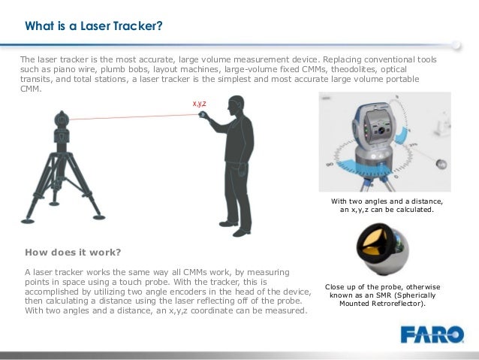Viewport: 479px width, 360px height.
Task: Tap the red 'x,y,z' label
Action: pyautogui.click(x=200, y=103)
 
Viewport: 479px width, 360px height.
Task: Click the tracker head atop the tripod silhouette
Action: pyautogui.click(x=62, y=119)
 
